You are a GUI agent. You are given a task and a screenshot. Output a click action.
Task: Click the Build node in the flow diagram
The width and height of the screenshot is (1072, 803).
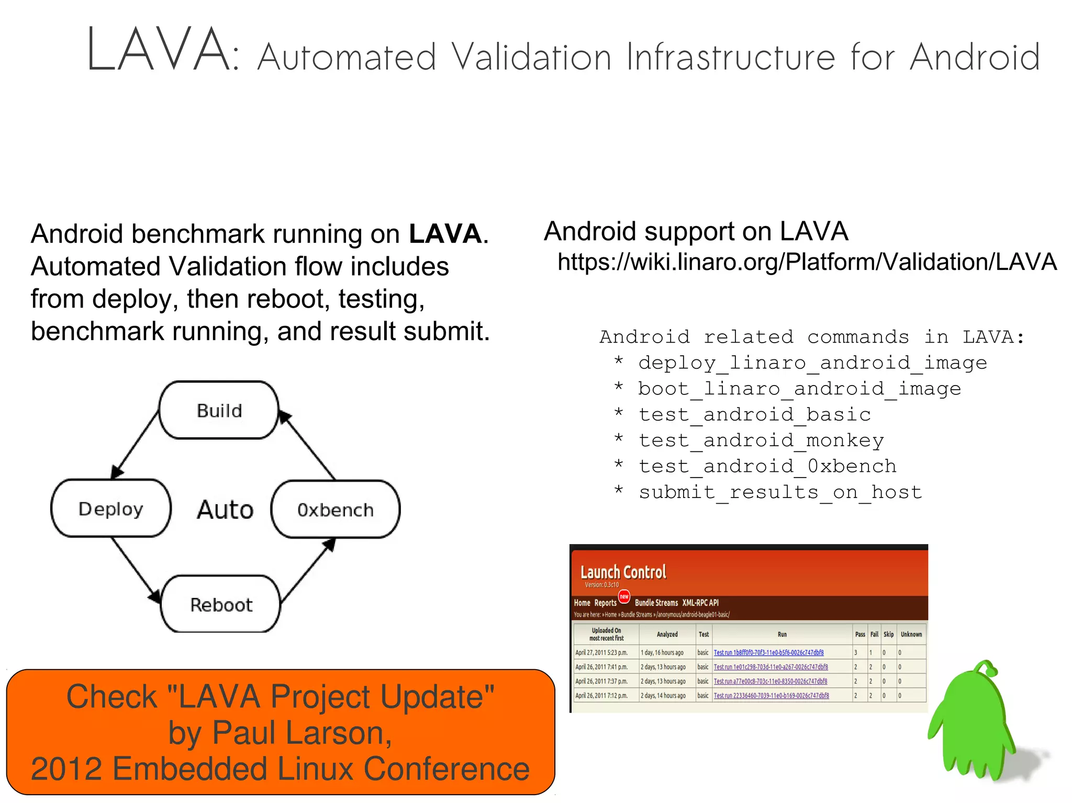click(219, 410)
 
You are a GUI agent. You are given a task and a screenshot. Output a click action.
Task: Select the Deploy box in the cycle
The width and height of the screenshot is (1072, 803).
click(111, 508)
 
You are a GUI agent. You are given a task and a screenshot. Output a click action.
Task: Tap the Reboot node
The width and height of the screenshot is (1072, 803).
click(221, 605)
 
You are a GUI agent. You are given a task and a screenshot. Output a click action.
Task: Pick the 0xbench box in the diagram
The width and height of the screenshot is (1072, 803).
click(336, 510)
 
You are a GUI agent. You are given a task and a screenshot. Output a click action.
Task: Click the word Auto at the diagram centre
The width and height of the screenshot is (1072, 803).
click(225, 510)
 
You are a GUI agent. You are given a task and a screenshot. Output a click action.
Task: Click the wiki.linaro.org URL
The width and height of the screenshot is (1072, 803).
click(807, 262)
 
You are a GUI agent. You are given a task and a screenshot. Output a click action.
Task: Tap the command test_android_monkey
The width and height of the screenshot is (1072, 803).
click(761, 440)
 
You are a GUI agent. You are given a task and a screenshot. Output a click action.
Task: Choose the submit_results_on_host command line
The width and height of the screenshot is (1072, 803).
click(780, 492)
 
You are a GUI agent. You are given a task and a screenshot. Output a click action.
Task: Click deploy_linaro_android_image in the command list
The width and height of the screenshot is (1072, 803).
click(812, 363)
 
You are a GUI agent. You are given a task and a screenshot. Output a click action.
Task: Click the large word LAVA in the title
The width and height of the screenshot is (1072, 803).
click(157, 50)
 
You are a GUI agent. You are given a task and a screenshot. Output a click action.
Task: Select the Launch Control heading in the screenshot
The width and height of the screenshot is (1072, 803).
click(623, 572)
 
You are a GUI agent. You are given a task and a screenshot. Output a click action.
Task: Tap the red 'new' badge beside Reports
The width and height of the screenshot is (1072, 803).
click(624, 596)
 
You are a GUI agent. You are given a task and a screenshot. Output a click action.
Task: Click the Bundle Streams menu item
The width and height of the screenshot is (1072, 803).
click(656, 603)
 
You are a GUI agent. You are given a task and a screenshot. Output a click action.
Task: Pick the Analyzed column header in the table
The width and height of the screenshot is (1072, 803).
click(667, 634)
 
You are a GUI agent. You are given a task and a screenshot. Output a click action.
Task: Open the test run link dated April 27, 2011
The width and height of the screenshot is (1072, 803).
click(768, 652)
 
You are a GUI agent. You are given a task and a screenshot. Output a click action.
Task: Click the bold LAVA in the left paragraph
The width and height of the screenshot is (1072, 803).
click(445, 234)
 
